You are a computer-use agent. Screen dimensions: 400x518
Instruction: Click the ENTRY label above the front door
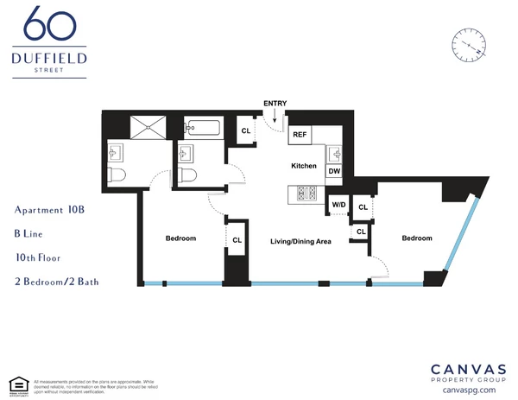(275, 105)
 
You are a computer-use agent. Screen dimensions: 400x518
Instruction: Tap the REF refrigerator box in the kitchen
(300, 135)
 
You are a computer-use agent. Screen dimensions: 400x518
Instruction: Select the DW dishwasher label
(333, 171)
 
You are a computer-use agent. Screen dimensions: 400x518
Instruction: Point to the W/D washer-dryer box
(338, 205)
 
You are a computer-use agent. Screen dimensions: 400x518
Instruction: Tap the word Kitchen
(303, 165)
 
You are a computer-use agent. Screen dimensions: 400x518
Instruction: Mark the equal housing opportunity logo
(15, 384)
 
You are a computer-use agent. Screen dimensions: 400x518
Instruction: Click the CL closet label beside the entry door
(245, 131)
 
